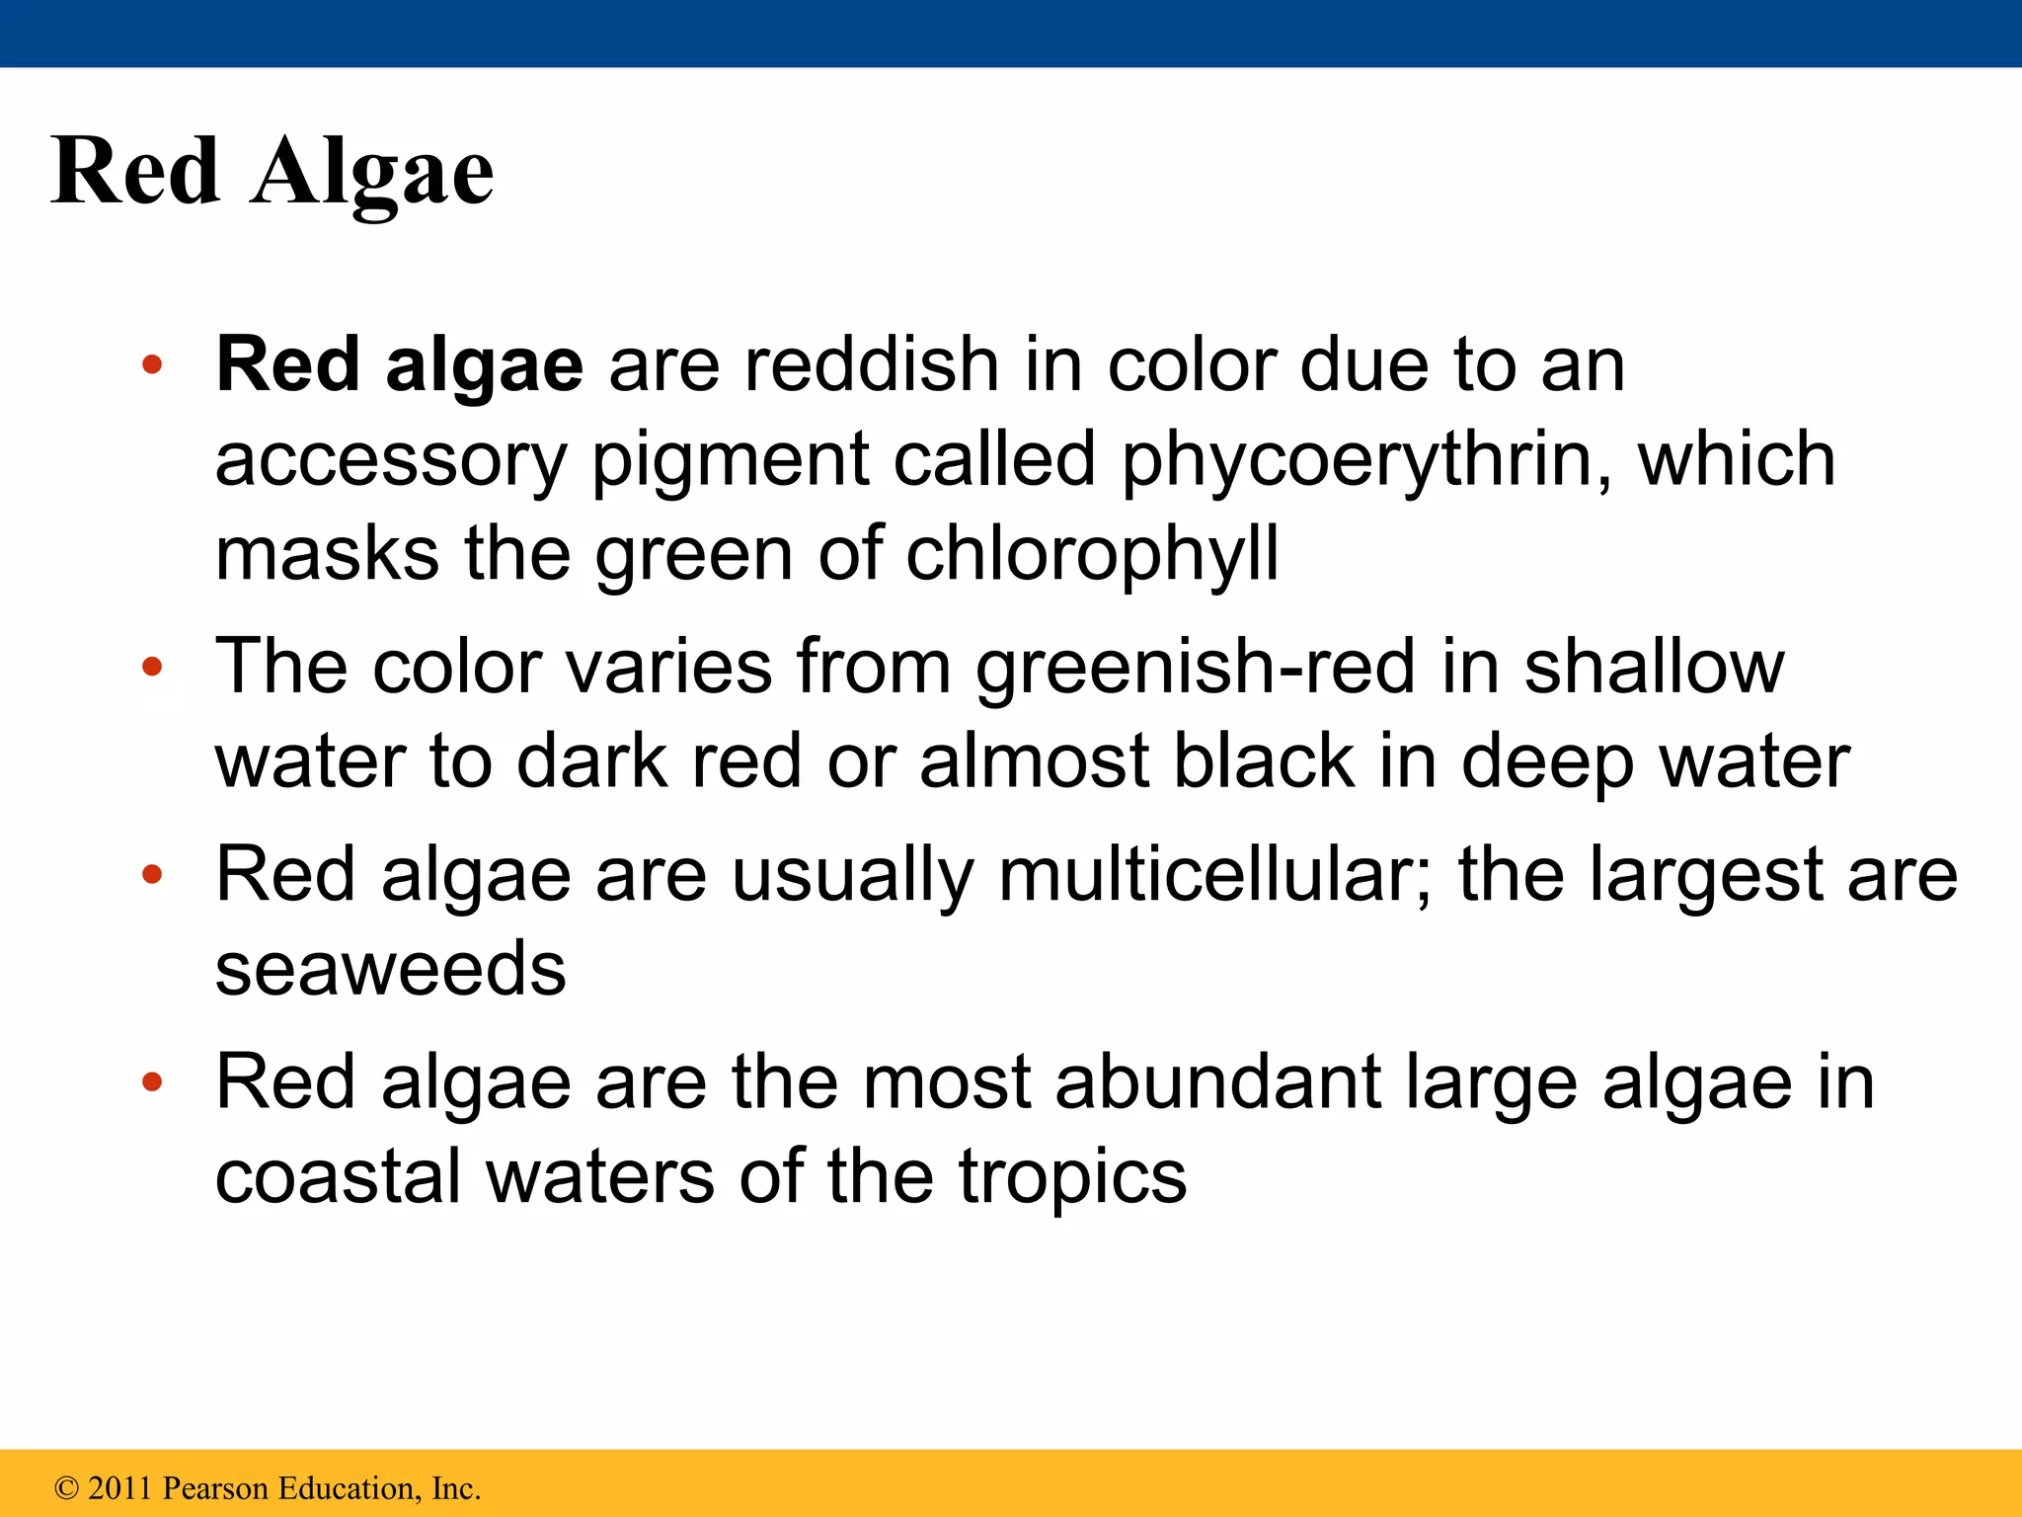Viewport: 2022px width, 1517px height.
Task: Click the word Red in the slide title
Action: click(x=135, y=172)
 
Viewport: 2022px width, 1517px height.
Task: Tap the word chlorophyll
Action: click(x=1092, y=555)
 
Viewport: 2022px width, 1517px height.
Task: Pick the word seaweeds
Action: click(x=391, y=968)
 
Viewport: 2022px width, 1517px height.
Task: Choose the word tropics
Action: click(x=1072, y=1177)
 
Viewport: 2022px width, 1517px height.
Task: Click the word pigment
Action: click(x=731, y=460)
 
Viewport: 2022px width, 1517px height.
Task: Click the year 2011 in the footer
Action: click(x=118, y=1488)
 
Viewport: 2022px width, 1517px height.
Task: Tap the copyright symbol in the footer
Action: click(x=66, y=1488)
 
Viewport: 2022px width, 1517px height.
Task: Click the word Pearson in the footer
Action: click(x=214, y=1488)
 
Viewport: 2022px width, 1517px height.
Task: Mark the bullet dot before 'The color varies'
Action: click(x=152, y=668)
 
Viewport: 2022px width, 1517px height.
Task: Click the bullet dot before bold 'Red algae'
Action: click(x=152, y=366)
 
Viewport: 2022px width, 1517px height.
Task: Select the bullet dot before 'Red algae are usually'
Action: click(x=152, y=875)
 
